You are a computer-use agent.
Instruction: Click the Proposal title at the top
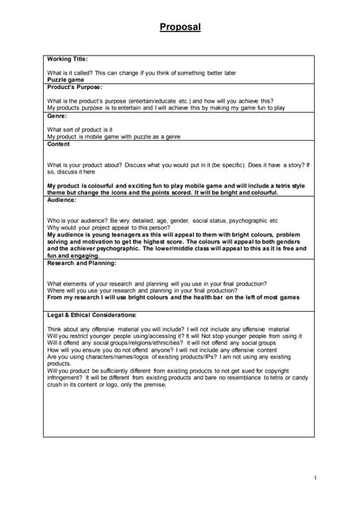point(180,27)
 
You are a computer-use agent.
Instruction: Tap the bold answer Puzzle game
point(65,80)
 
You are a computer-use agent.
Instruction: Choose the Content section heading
point(59,144)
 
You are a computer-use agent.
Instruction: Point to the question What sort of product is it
point(79,129)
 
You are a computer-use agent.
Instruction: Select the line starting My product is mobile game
point(114,136)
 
